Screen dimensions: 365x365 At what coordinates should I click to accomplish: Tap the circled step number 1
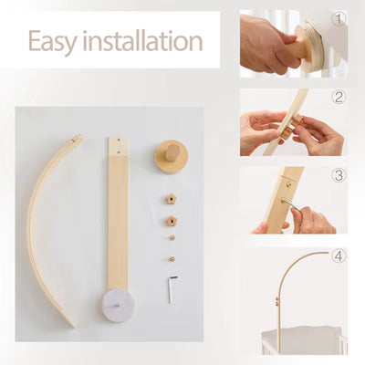click(339, 18)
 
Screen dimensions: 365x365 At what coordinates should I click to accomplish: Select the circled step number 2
click(339, 98)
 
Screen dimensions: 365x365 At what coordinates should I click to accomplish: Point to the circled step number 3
click(339, 176)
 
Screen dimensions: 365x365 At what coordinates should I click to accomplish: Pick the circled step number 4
click(339, 255)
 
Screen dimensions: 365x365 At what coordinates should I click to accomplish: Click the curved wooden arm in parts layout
click(42, 228)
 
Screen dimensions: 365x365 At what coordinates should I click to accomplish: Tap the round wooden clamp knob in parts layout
click(170, 156)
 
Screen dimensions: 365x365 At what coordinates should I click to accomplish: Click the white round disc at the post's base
click(118, 301)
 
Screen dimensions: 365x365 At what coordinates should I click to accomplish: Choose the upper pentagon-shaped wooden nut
click(170, 199)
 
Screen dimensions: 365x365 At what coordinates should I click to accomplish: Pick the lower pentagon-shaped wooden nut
click(170, 221)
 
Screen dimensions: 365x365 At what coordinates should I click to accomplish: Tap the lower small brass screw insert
click(171, 258)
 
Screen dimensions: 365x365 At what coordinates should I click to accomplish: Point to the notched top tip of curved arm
click(77, 139)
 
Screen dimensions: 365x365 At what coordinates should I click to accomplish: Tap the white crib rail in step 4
click(301, 342)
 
